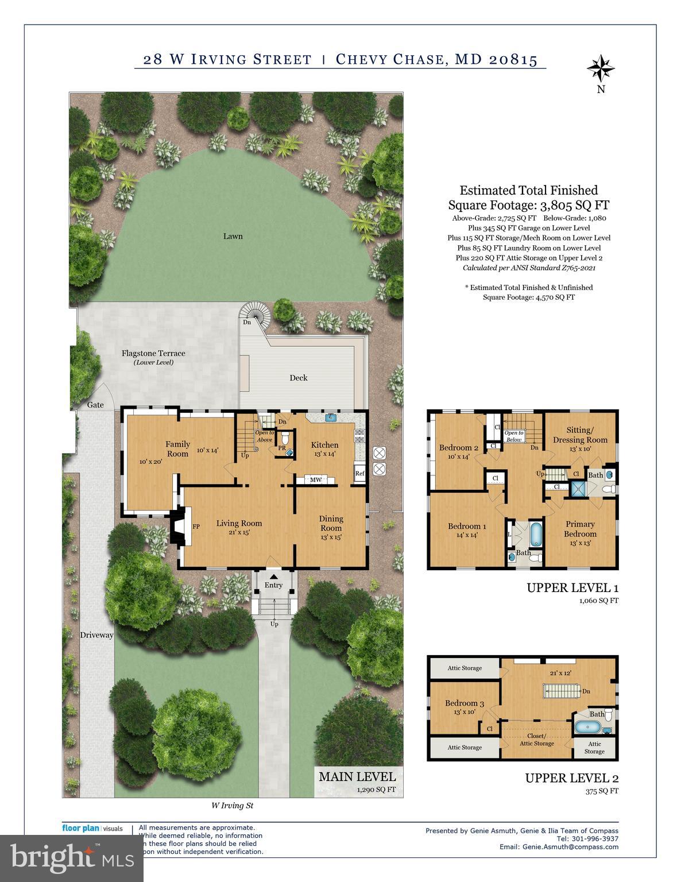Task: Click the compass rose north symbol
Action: tap(601, 69)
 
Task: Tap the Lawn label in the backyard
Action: tap(233, 236)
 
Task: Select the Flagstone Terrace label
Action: tap(153, 353)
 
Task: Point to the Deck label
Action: tap(298, 378)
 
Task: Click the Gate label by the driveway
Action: tap(95, 405)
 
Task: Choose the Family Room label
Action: tap(177, 448)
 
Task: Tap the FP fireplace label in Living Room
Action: tap(196, 527)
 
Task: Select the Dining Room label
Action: tap(331, 523)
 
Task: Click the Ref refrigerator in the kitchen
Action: tap(360, 474)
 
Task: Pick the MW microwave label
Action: tap(316, 480)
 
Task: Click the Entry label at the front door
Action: tap(273, 585)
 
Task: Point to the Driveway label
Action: tap(96, 635)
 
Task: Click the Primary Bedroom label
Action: tap(580, 528)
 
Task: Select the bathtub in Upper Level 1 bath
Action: tap(535, 535)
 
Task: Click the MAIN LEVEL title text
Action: tap(357, 776)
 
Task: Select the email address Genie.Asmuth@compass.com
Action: tap(570, 846)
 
